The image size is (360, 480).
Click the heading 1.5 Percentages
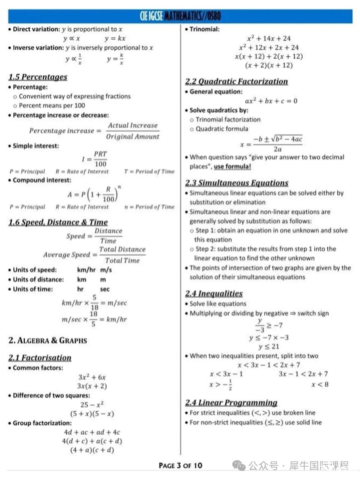coord(38,77)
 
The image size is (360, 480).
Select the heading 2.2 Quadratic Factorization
coord(236,82)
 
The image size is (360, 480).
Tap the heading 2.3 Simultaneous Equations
coord(237,183)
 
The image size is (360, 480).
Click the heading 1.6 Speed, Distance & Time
coord(58,222)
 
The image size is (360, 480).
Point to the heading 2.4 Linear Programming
coord(231,403)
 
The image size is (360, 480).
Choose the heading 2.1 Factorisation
coord(40,358)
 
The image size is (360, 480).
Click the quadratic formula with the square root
coord(271,144)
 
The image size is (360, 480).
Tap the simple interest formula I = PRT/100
coord(95,159)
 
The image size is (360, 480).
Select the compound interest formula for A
coord(94,194)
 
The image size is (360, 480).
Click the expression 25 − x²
coord(92,405)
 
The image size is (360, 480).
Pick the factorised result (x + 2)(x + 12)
coord(269,65)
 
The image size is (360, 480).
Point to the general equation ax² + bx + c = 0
coord(271,101)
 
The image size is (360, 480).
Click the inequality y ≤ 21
coord(269,346)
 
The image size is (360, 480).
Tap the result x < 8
coord(320,384)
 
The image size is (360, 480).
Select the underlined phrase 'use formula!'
coord(232,166)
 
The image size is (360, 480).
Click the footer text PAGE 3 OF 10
coord(180,465)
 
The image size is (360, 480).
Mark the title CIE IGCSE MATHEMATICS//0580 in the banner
coord(180,16)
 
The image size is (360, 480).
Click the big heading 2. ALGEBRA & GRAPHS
coord(48,341)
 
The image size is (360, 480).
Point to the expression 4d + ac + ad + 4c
coord(92,432)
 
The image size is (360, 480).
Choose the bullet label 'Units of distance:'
coord(38,280)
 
